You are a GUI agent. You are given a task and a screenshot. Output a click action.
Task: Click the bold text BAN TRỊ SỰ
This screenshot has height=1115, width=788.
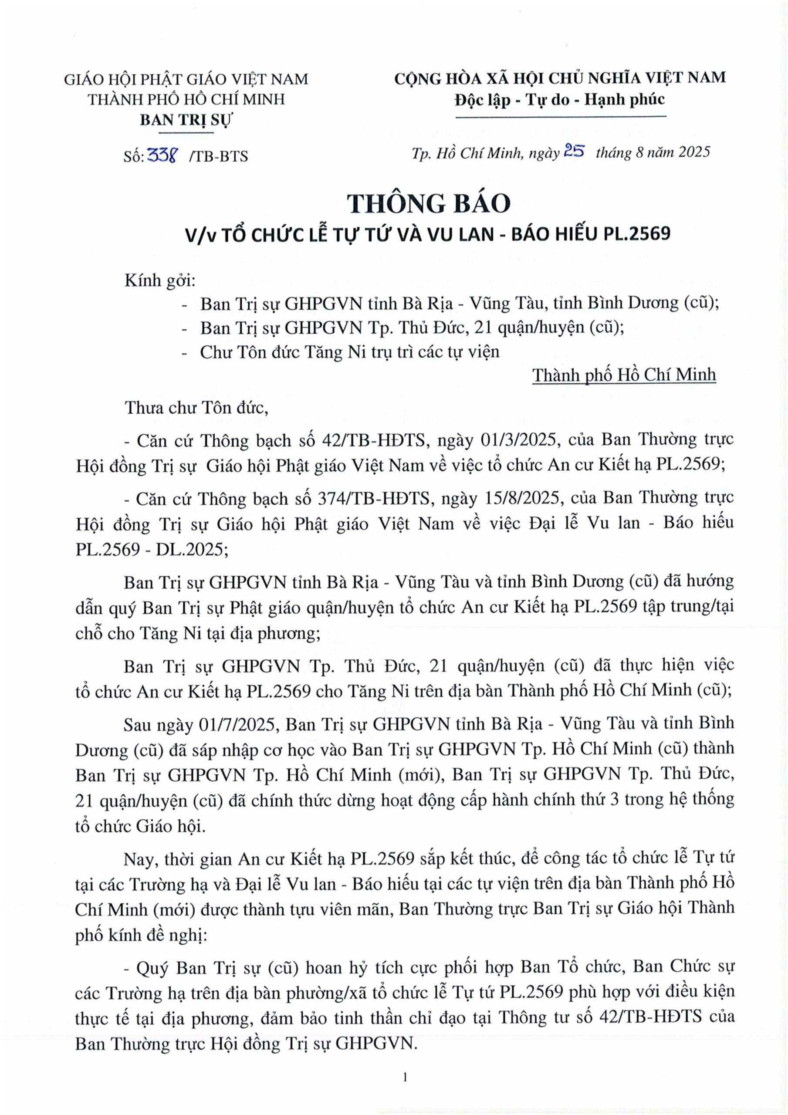pos(186,120)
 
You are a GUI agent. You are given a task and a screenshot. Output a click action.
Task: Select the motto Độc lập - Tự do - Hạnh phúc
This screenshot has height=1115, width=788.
pos(560,100)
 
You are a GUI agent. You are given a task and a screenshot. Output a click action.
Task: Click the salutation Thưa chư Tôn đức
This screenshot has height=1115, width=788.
pos(197,408)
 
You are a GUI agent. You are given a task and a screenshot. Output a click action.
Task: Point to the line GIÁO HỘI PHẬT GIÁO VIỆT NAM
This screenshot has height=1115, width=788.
pos(186,79)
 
